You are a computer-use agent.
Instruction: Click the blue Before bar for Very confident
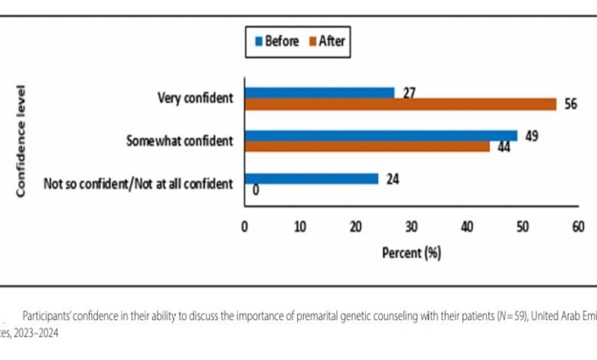tap(319, 93)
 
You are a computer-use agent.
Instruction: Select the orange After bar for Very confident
tap(400, 105)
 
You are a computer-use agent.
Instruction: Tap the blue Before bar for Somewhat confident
tap(380, 136)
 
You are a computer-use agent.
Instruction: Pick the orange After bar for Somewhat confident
tap(367, 147)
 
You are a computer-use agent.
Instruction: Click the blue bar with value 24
tap(311, 178)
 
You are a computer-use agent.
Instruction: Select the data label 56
tap(570, 105)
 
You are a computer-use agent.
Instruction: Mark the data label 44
tap(504, 146)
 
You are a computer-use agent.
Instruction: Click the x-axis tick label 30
tap(411, 227)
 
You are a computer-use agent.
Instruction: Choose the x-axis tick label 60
tap(578, 227)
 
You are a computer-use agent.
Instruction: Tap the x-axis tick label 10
tap(300, 227)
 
